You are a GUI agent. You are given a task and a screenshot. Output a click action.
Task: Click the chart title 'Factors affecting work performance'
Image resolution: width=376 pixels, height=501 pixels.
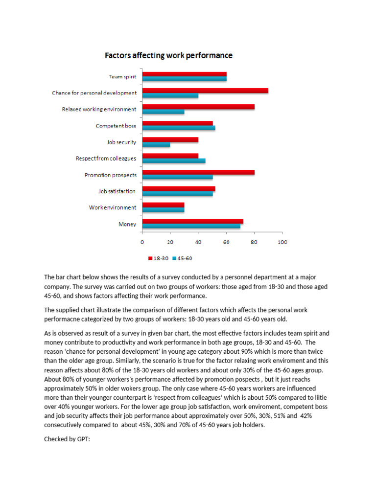(169, 56)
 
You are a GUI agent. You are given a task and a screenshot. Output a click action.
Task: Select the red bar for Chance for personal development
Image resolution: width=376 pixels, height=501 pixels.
(205, 91)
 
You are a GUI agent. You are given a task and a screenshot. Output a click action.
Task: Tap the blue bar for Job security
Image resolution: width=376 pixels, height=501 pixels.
(156, 144)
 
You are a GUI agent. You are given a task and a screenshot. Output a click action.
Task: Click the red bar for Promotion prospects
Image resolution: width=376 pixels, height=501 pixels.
(198, 172)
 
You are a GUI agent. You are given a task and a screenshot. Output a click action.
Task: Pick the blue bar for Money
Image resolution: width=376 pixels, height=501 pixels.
(191, 227)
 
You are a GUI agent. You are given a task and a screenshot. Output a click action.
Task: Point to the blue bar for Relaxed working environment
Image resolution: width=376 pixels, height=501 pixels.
(163, 112)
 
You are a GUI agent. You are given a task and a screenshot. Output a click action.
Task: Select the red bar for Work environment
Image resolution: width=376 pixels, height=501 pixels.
(163, 205)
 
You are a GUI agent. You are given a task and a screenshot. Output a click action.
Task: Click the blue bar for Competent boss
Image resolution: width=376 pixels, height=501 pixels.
(179, 128)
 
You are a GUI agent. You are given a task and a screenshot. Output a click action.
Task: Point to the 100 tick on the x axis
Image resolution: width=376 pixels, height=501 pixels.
(282, 242)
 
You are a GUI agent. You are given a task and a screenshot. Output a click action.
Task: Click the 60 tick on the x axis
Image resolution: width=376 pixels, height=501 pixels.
(226, 242)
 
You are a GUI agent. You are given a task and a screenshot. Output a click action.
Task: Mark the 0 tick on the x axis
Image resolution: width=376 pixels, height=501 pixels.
(142, 242)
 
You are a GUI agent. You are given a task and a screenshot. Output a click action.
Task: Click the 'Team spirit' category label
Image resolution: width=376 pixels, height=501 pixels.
(122, 77)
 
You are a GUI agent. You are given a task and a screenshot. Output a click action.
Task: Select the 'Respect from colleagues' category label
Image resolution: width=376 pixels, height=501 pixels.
(106, 159)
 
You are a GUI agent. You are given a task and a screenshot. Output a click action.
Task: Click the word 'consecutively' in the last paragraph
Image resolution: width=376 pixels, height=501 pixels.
(64, 425)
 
